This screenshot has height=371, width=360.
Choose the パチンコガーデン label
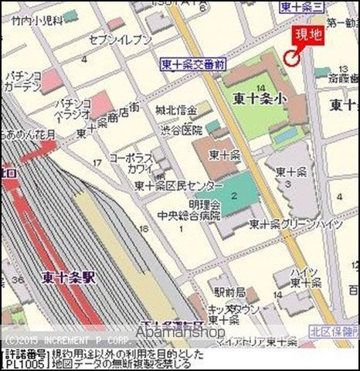point(22,82)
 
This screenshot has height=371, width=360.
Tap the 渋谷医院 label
point(182,130)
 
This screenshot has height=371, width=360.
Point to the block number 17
point(97,162)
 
